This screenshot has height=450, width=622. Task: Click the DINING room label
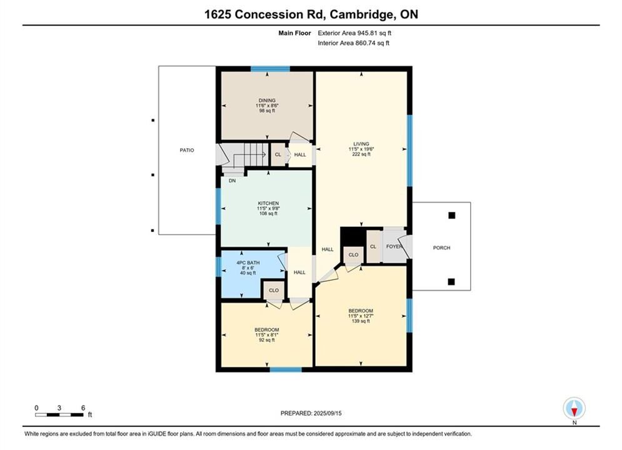(267, 100)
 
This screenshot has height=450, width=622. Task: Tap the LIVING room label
(361, 144)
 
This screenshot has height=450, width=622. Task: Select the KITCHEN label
(268, 203)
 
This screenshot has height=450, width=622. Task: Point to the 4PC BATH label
(248, 263)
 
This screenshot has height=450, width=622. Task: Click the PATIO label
(187, 150)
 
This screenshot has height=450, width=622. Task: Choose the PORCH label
(441, 247)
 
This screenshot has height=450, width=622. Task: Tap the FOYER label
(394, 247)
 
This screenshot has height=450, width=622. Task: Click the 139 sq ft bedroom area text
(361, 321)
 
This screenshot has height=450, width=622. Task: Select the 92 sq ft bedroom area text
(266, 340)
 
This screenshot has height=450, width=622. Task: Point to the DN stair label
(232, 181)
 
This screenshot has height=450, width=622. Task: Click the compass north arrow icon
(574, 408)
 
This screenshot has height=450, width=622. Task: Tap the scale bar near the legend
(59, 415)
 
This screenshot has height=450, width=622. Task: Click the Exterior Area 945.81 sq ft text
(354, 33)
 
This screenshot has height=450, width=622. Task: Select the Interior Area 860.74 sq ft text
(353, 43)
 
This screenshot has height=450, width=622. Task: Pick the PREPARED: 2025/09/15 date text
(311, 413)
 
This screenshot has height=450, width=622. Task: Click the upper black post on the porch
(451, 215)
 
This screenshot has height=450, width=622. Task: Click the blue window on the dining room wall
(270, 69)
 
